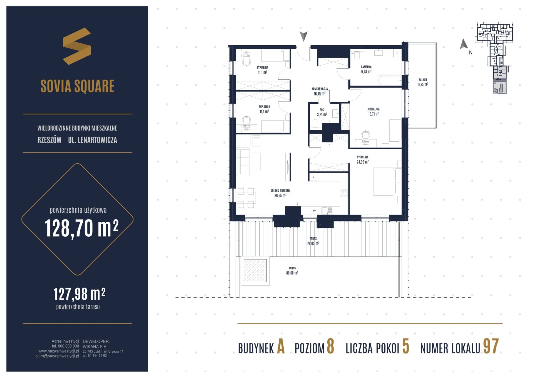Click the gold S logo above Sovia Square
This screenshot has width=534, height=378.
click(77, 46)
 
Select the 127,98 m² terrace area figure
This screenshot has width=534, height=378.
click(79, 294)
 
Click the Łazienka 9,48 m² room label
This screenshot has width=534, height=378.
click(366, 69)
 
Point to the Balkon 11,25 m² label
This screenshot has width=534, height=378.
click(422, 82)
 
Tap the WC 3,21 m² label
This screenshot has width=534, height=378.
click(322, 112)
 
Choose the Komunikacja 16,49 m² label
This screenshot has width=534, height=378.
click(320, 91)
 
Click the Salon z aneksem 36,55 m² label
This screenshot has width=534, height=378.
click(280, 193)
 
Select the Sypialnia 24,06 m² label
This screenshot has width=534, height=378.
click(363, 159)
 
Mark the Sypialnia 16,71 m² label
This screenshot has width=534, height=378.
click(374, 112)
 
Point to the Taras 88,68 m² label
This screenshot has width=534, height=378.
click(292, 271)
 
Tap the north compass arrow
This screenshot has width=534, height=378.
click(464, 44)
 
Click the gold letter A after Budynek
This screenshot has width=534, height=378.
click(281, 347)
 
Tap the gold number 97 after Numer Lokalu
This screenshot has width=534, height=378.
click(491, 347)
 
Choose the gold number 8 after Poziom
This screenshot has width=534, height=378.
click(330, 347)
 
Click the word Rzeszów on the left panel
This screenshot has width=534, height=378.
click(50, 140)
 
